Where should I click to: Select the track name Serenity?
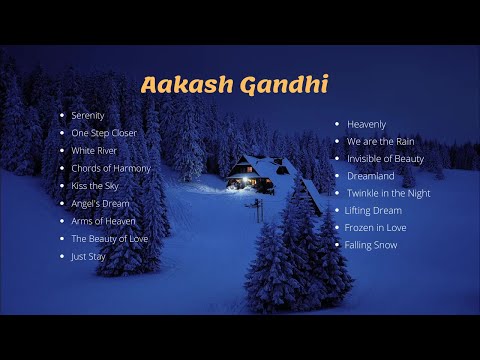click(x=88, y=116)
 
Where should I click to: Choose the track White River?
click(x=95, y=151)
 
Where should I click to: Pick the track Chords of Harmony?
click(x=111, y=168)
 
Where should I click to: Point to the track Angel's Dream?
click(x=100, y=203)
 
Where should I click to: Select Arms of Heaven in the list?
click(x=104, y=221)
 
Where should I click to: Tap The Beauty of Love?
click(x=110, y=238)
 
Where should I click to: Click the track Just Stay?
click(x=89, y=256)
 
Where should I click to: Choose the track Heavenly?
click(x=367, y=124)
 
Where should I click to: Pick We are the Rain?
click(x=380, y=141)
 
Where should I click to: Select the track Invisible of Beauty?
click(x=385, y=159)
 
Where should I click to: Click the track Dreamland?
click(x=370, y=176)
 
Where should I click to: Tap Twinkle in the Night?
click(x=389, y=193)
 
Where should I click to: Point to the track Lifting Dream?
click(x=373, y=211)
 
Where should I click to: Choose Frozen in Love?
click(x=375, y=228)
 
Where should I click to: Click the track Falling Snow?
click(x=371, y=245)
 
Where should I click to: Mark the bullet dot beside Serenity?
click(x=63, y=116)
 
